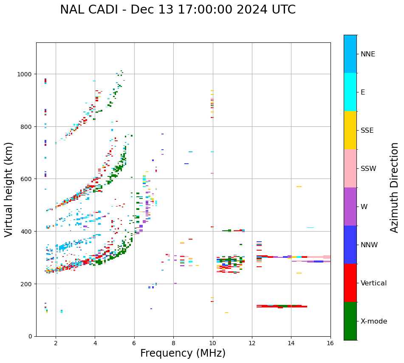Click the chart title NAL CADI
(x=178, y=10)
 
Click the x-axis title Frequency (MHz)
(x=183, y=353)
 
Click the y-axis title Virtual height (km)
(x=9, y=189)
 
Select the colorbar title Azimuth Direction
(x=394, y=187)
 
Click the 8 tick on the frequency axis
(x=173, y=343)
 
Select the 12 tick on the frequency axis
(x=252, y=343)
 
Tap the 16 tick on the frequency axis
(x=331, y=343)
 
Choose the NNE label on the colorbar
(x=368, y=54)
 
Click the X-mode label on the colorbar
(x=374, y=321)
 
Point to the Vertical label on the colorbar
(x=374, y=283)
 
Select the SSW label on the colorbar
(x=368, y=169)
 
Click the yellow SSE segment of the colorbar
(x=350, y=130)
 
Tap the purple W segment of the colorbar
(x=350, y=207)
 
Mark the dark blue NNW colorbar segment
(x=350, y=245)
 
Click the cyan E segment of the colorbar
(x=350, y=92)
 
